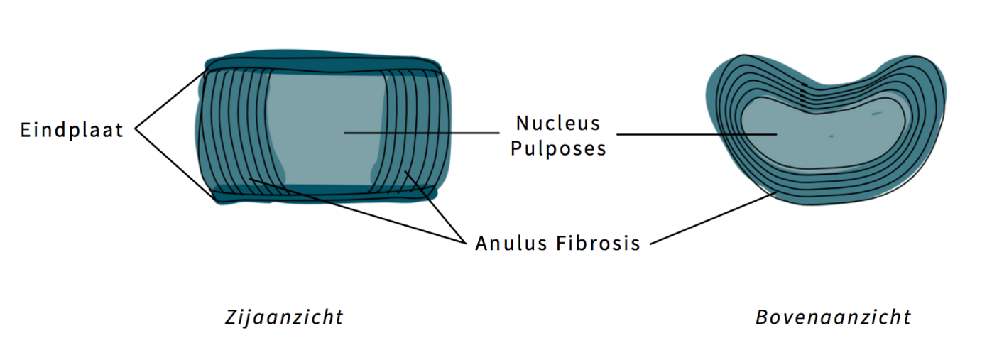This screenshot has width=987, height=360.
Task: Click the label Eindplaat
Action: tap(72, 130)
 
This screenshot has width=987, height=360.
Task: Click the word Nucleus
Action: tap(558, 123)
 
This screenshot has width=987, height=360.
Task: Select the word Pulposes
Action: tap(558, 149)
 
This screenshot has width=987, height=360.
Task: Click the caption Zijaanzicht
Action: tap(283, 316)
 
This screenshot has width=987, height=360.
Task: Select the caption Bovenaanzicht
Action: tap(833, 316)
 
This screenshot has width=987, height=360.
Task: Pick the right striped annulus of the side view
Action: tap(415, 128)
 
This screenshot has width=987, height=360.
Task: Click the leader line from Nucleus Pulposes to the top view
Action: tap(696, 133)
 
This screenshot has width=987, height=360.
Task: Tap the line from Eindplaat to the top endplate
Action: tap(170, 99)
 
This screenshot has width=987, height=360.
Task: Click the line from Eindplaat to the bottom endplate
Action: tap(174, 164)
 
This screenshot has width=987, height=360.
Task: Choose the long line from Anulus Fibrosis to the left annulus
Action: tap(355, 209)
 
